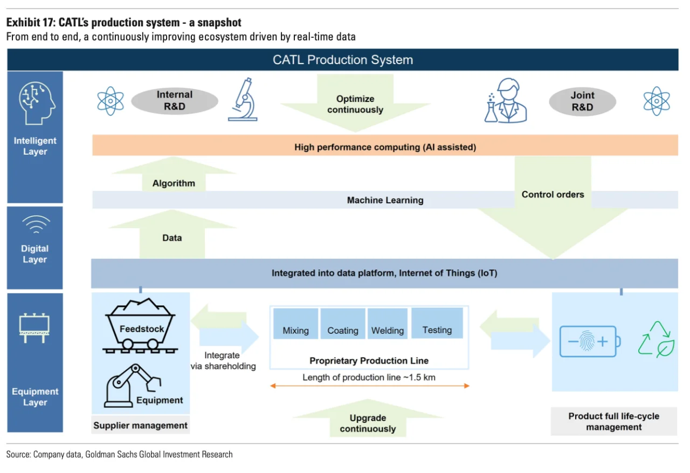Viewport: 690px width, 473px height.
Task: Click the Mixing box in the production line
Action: pos(295,324)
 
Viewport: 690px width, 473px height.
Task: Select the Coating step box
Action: pos(343,324)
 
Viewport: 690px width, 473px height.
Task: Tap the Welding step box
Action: pos(388,324)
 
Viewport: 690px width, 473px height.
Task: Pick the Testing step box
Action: pos(437,323)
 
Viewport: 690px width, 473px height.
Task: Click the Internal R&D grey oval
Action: pos(175,101)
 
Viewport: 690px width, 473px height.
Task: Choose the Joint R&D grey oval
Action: pos(582,101)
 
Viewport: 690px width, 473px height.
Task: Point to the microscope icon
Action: pos(243,99)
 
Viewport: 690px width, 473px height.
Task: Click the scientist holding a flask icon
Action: pos(505,101)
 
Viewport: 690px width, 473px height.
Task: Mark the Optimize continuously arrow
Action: pos(355,104)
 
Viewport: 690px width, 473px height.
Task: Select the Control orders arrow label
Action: pos(553,195)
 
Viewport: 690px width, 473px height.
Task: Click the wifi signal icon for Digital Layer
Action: pos(35,224)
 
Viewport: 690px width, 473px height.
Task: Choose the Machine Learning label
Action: pos(385,200)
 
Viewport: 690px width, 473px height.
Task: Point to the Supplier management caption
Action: pos(140,426)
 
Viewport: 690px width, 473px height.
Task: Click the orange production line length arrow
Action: pos(369,386)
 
